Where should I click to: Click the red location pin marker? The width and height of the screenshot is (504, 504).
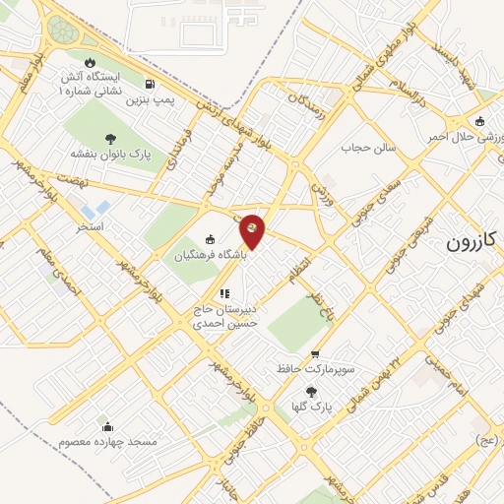click(253, 230)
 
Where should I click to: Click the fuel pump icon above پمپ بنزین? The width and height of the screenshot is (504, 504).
click(149, 85)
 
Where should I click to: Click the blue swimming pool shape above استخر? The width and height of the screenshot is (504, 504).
click(95, 210)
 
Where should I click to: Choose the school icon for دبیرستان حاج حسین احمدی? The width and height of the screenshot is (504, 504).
click(223, 292)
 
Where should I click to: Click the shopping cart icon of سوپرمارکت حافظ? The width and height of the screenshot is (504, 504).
click(314, 355)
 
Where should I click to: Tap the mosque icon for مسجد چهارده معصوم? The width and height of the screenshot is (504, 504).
click(107, 426)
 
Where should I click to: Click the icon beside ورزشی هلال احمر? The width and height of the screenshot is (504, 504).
click(479, 122)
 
